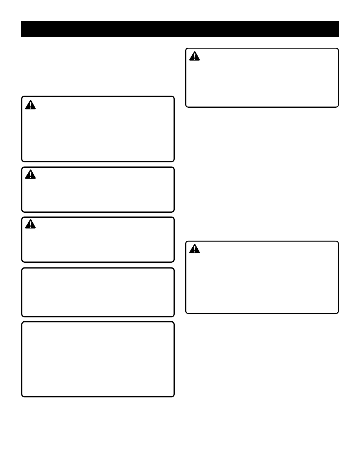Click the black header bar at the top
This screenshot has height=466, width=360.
[180, 29]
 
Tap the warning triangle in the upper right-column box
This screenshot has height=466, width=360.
[194, 56]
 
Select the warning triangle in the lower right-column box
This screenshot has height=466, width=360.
[194, 249]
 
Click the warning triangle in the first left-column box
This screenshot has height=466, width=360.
[30, 105]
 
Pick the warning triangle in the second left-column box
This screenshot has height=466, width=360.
[30, 175]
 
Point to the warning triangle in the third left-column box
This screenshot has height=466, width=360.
[30, 224]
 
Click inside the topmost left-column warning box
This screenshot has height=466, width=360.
[98, 132]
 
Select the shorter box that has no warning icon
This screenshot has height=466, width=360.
[98, 292]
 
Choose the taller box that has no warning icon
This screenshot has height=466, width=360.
[98, 359]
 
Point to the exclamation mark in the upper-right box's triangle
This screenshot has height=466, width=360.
[194, 57]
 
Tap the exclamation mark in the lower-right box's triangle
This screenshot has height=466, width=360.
[194, 249]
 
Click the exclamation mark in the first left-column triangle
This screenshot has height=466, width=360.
[30, 106]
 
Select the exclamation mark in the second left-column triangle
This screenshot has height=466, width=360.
[30, 175]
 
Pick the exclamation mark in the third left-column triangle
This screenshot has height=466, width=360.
[30, 225]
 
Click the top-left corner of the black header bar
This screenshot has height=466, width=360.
[21, 21]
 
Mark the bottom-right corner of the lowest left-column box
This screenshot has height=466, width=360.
[174, 396]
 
